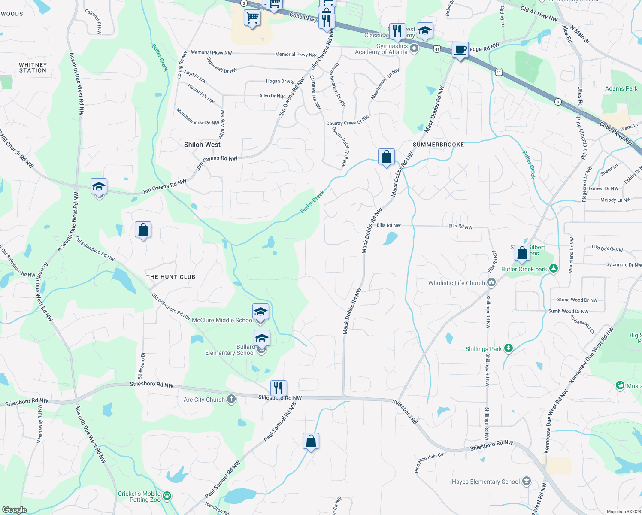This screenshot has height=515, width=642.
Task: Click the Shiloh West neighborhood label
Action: [x=202, y=145]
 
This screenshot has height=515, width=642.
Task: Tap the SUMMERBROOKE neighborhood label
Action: [x=438, y=145]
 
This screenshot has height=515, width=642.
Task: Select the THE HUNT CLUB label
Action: [x=171, y=277]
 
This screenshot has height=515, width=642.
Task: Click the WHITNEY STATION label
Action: [x=33, y=67]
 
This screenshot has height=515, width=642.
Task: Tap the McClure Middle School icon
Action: [x=260, y=312]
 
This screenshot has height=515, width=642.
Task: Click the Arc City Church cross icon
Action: [x=231, y=399]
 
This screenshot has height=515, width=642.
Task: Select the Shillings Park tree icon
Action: [x=509, y=348]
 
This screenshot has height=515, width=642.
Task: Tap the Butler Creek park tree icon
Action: [x=554, y=269]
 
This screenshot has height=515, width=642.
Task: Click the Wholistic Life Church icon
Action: [x=492, y=282]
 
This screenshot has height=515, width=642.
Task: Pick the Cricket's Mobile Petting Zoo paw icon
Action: [x=167, y=496]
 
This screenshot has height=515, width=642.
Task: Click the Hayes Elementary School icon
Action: [x=527, y=481]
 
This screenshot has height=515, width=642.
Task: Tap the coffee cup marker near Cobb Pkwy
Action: [x=460, y=50]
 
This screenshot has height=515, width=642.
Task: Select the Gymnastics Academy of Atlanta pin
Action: [x=414, y=48]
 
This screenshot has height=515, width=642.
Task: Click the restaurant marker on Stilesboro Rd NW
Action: [x=279, y=388]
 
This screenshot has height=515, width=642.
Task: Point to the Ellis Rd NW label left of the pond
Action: [x=388, y=225]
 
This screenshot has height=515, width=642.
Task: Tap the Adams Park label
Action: [x=621, y=88]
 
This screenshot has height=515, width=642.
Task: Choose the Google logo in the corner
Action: [x=15, y=509]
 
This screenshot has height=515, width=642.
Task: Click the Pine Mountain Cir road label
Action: [x=429, y=462]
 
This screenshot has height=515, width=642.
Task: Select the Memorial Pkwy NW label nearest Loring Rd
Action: [x=211, y=53]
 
